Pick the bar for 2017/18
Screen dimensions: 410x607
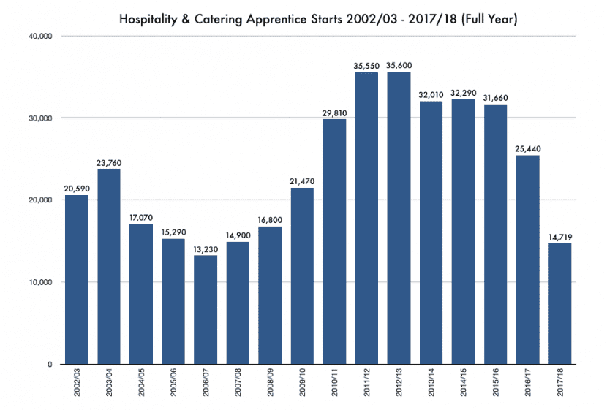(560, 303)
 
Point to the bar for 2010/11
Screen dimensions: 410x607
(334, 241)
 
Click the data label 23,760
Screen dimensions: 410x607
(109, 163)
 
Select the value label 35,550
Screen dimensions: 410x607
(366, 66)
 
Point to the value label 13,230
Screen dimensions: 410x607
(206, 249)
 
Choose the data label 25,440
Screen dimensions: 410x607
(528, 149)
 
